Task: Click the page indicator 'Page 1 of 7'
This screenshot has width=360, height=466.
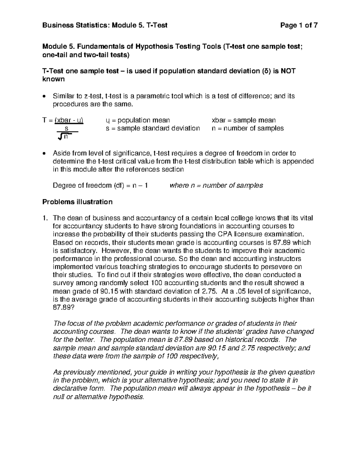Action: click(298, 26)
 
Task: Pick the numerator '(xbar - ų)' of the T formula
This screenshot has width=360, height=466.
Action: click(69, 120)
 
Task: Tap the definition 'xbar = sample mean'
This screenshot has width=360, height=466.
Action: click(244, 120)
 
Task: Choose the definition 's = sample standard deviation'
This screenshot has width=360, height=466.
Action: click(153, 128)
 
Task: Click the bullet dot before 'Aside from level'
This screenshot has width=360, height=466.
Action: click(44, 153)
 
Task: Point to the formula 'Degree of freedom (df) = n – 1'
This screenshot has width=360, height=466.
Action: click(100, 185)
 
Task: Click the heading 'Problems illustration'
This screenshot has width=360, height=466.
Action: click(77, 202)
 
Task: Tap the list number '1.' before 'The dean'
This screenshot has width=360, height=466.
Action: click(45, 218)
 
